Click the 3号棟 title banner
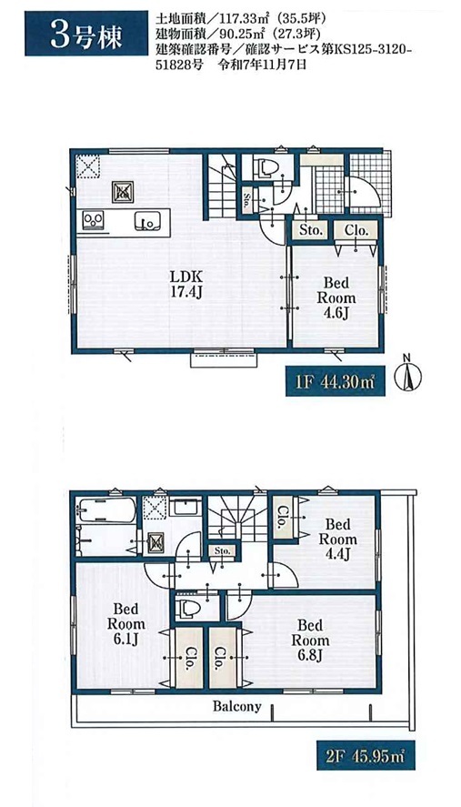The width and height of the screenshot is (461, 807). point(78,34)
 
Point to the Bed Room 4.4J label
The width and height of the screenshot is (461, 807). point(337,539)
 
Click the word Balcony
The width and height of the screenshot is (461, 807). point(237,706)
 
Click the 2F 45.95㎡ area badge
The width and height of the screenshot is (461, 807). point(365,755)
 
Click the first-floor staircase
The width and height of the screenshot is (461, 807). point(222,187)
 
